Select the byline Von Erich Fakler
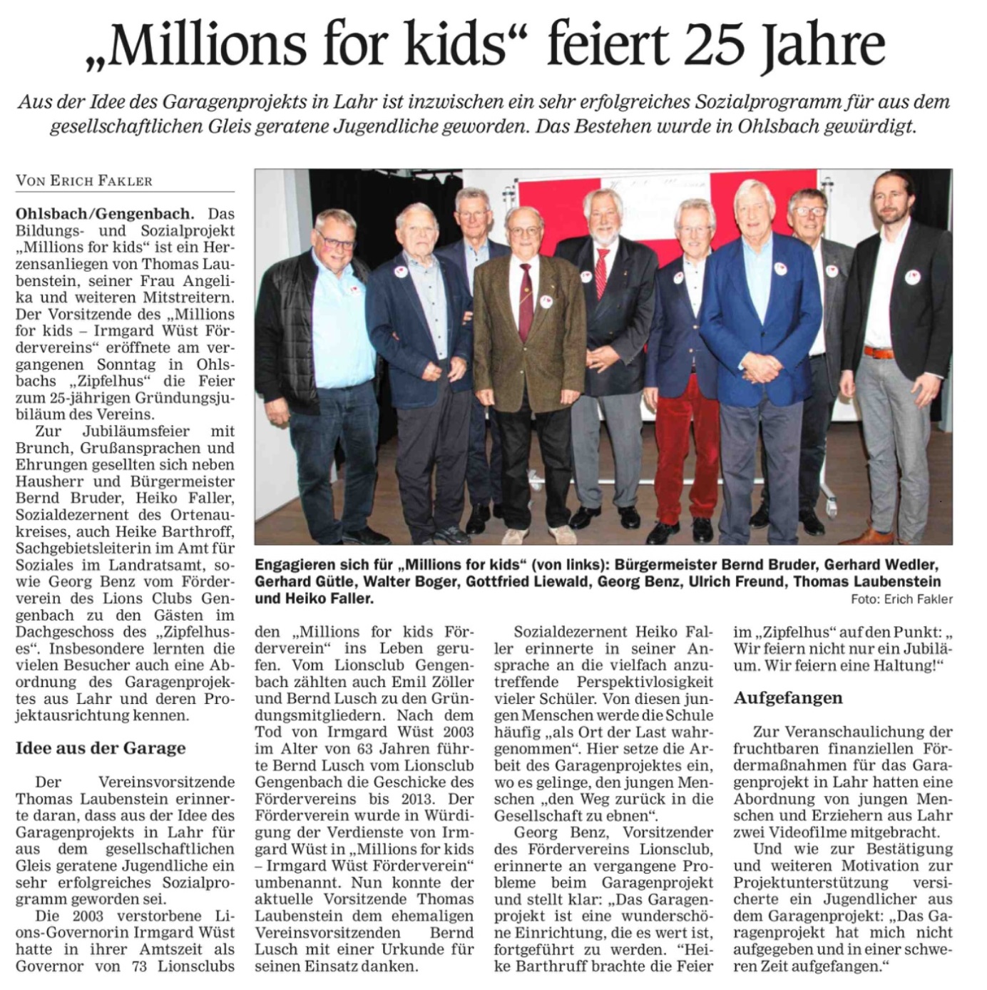tap(84, 180)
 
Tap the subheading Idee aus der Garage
tap(101, 748)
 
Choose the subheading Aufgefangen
tap(788, 698)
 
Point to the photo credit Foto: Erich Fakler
tap(901, 599)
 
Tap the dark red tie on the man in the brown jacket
tap(526, 300)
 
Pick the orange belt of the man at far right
tap(879, 352)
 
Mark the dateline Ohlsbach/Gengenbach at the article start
tap(104, 213)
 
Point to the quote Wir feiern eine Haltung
tap(863, 665)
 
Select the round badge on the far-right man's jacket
tap(912, 277)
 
